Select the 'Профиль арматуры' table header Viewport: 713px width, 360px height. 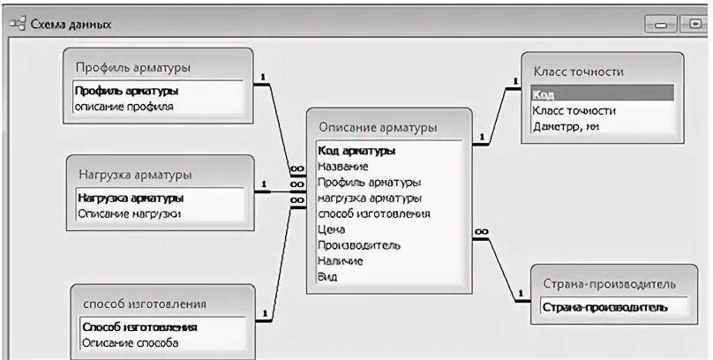[133, 67]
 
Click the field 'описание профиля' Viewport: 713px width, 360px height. [124, 107]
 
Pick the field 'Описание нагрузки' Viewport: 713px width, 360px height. [129, 214]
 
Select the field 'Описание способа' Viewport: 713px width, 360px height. [130, 342]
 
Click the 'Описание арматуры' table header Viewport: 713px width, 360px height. [378, 128]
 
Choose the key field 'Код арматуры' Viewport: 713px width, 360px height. [356, 151]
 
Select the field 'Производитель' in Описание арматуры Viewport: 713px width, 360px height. [358, 245]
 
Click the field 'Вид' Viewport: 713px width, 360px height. [326, 277]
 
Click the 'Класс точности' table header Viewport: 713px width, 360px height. [579, 71]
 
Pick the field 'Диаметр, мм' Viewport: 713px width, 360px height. [566, 126]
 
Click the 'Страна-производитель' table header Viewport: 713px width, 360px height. [609, 284]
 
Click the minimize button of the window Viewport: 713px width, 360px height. [663, 25]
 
